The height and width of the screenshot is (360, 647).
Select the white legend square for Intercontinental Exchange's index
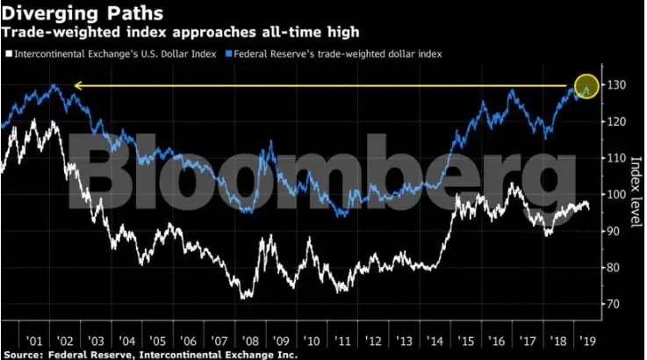click(8, 54)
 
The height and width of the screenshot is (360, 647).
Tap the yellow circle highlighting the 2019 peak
click(586, 86)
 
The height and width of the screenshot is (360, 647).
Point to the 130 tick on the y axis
click(614, 85)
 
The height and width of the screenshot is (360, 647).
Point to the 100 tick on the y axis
click(614, 195)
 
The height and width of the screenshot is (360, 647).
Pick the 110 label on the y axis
click(614, 158)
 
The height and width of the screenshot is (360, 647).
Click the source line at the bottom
click(149, 355)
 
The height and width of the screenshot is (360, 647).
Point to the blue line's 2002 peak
click(54, 86)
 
